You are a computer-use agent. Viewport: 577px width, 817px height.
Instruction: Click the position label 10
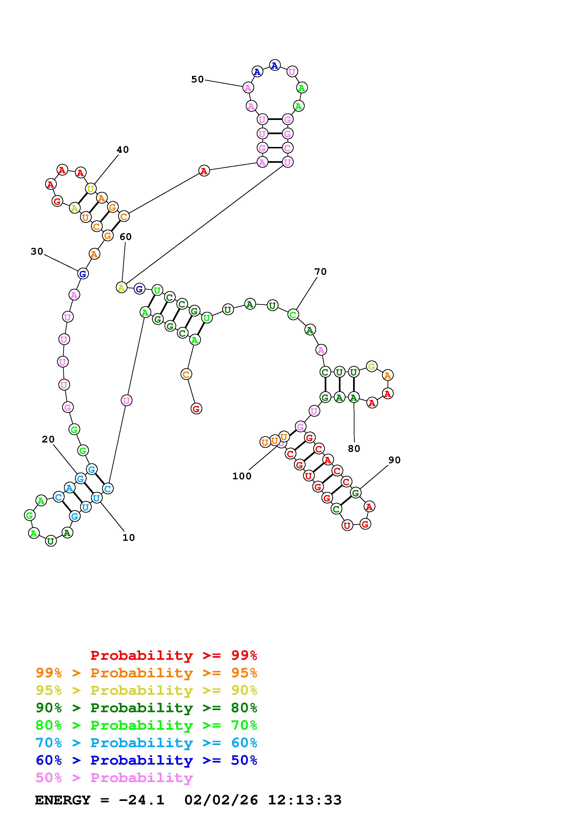coord(129,538)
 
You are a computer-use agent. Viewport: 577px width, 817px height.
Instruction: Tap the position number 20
coord(48,439)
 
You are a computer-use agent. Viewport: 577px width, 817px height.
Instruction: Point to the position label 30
coord(37,252)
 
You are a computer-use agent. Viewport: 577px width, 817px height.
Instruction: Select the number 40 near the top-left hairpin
coord(123,150)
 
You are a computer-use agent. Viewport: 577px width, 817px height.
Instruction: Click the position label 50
coord(197,79)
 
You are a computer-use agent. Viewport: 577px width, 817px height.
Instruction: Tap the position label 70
coord(320,272)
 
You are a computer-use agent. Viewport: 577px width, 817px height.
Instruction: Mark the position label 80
coord(354,449)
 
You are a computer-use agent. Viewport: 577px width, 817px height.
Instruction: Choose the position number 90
coord(395,460)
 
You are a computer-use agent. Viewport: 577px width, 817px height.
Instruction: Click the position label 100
coord(242,476)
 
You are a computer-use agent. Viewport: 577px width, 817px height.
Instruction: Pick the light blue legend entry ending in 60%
coord(146,743)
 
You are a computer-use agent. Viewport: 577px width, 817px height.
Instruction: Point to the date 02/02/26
coord(221,800)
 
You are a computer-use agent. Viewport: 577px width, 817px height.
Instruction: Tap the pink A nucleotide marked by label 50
coord(248,87)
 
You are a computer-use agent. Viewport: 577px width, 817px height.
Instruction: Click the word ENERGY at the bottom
coord(63,800)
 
